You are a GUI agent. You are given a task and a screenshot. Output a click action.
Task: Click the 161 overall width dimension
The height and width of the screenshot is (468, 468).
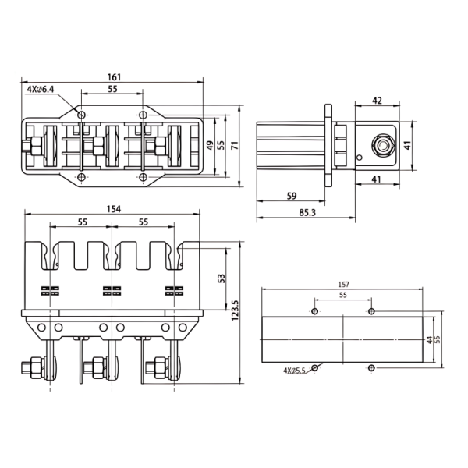click(x=115, y=77)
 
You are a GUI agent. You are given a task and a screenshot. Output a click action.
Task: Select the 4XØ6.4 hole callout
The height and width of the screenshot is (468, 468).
click(x=41, y=89)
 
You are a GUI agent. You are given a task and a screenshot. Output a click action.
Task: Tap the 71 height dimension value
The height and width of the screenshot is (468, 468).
click(x=235, y=145)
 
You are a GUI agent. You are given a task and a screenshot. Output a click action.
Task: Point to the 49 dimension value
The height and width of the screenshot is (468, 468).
click(x=211, y=145)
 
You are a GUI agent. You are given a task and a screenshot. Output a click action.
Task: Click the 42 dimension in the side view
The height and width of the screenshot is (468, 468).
click(x=378, y=101)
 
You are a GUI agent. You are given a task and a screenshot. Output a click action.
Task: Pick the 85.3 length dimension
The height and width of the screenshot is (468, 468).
click(x=307, y=212)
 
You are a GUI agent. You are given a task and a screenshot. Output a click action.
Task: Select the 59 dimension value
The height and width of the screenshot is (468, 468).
click(x=292, y=196)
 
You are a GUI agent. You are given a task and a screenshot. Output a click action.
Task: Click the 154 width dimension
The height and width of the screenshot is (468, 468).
click(x=114, y=209)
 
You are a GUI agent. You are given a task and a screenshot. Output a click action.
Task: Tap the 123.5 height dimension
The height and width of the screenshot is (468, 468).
click(x=235, y=310)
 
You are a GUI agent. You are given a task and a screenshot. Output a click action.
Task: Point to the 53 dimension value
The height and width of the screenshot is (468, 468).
click(x=222, y=278)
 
